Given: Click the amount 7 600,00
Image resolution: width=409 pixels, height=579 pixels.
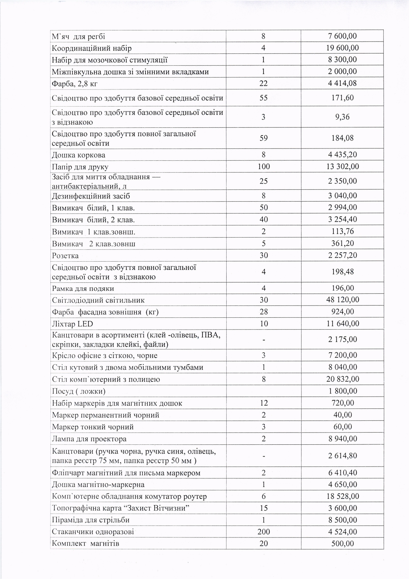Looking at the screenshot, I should click(x=342, y=36).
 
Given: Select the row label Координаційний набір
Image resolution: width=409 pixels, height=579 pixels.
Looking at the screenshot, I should click(x=92, y=48).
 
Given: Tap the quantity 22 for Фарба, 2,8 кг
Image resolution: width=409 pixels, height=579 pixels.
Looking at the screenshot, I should click(x=263, y=83).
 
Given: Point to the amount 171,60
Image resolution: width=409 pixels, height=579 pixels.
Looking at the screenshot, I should click(x=342, y=98).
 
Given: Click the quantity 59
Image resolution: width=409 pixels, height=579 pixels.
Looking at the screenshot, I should click(x=263, y=138).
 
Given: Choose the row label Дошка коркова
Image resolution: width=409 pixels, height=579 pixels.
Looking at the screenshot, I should click(x=79, y=155).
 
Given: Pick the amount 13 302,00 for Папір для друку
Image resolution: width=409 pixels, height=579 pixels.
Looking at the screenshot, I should click(x=342, y=167).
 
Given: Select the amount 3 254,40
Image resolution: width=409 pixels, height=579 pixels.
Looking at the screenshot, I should click(x=342, y=219).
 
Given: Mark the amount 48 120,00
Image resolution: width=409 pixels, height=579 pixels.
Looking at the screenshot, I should click(x=342, y=300).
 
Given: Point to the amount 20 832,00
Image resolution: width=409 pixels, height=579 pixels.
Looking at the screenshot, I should click(x=342, y=379).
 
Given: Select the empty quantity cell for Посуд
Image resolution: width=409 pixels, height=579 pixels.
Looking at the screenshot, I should click(x=263, y=391).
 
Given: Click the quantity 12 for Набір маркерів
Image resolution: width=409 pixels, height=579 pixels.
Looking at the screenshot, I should click(x=263, y=403).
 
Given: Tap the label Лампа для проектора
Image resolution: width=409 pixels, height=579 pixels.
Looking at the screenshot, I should click(x=89, y=439).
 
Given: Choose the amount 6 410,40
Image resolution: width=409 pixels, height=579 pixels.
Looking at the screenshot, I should click(x=342, y=473).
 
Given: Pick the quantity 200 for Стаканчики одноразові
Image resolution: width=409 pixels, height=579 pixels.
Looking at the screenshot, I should click(x=263, y=532).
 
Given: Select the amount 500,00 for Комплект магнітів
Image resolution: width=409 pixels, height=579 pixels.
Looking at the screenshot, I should click(x=342, y=543).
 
